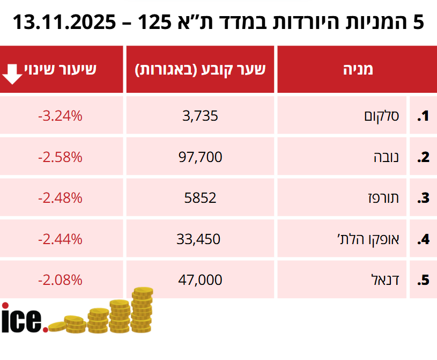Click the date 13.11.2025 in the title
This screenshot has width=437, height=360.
point(64,23)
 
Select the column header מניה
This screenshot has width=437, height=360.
point(357,69)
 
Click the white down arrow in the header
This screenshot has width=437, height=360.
point(12,74)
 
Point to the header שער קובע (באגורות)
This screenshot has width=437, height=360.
point(200,69)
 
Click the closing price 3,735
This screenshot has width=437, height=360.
point(199,115)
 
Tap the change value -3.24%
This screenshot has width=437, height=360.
point(60,115)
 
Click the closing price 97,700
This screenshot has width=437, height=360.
point(199,157)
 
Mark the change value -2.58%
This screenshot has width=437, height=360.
point(60,157)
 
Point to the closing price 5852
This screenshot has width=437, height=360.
point(199,197)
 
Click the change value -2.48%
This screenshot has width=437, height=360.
point(60,197)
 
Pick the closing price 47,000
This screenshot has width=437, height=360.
point(199,280)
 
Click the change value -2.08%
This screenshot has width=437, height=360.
point(60,280)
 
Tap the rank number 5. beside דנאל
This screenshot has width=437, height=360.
point(424,280)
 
